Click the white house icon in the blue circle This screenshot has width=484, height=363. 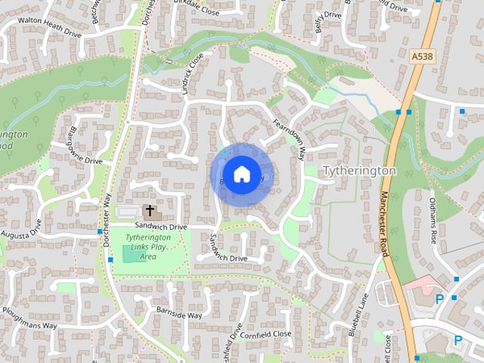pos(241,174)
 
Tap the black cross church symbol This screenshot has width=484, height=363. pos(149,211)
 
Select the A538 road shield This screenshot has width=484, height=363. pos(422,56)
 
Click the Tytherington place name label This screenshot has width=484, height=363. pos(359,171)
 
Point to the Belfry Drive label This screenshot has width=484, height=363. pos(326,26)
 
